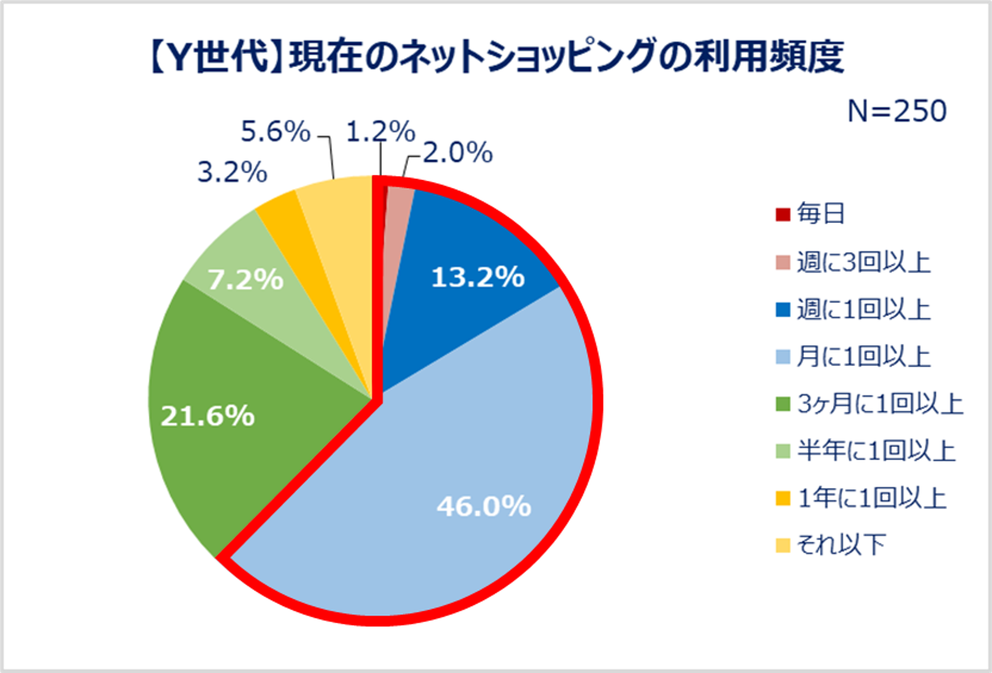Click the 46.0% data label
[484, 506]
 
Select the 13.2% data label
[478, 278]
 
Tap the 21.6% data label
[208, 416]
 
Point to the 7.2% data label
[245, 280]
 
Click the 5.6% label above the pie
[275, 132]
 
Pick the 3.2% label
[232, 172]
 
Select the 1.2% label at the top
[380, 132]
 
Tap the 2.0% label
[458, 153]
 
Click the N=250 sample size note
[897, 111]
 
